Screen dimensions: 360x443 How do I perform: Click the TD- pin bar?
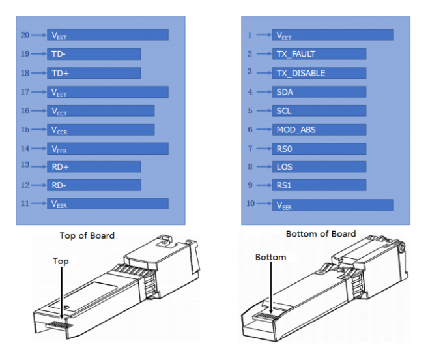point(94,54)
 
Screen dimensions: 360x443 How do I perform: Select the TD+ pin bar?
point(94,73)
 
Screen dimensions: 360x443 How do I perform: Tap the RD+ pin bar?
point(94,166)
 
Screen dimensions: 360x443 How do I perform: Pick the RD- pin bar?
point(94,185)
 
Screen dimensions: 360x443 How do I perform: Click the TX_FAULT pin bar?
point(319,54)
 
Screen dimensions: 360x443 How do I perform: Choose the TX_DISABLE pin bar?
point(319,73)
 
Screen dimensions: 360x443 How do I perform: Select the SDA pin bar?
point(319,92)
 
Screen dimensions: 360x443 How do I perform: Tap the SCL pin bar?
point(319,111)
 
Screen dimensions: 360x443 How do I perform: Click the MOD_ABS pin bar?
point(319,129)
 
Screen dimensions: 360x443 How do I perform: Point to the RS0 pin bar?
point(319,148)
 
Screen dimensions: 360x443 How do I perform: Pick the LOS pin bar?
point(319,166)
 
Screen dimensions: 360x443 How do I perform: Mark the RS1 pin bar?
point(319,185)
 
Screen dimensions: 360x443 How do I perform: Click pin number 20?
point(25,35)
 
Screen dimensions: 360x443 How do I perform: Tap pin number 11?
point(25,203)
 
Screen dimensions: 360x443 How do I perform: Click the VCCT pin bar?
point(101,111)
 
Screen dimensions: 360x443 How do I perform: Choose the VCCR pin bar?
point(101,129)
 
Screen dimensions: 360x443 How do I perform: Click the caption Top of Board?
point(87,235)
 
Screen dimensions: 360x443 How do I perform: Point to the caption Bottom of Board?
point(321,233)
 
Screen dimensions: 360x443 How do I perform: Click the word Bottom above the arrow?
point(271,257)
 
